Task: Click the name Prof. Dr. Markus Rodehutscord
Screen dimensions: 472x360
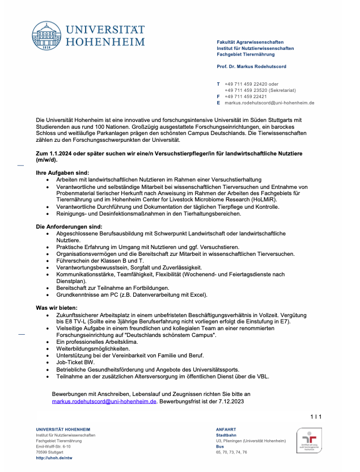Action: click(x=251, y=67)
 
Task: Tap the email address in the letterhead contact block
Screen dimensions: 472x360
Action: click(x=269, y=103)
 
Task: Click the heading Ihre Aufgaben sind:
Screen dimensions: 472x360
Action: click(x=62, y=172)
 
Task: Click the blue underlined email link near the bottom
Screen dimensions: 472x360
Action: click(x=104, y=401)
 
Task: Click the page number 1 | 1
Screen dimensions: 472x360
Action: click(x=316, y=417)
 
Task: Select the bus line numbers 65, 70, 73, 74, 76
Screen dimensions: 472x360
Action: click(x=231, y=452)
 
